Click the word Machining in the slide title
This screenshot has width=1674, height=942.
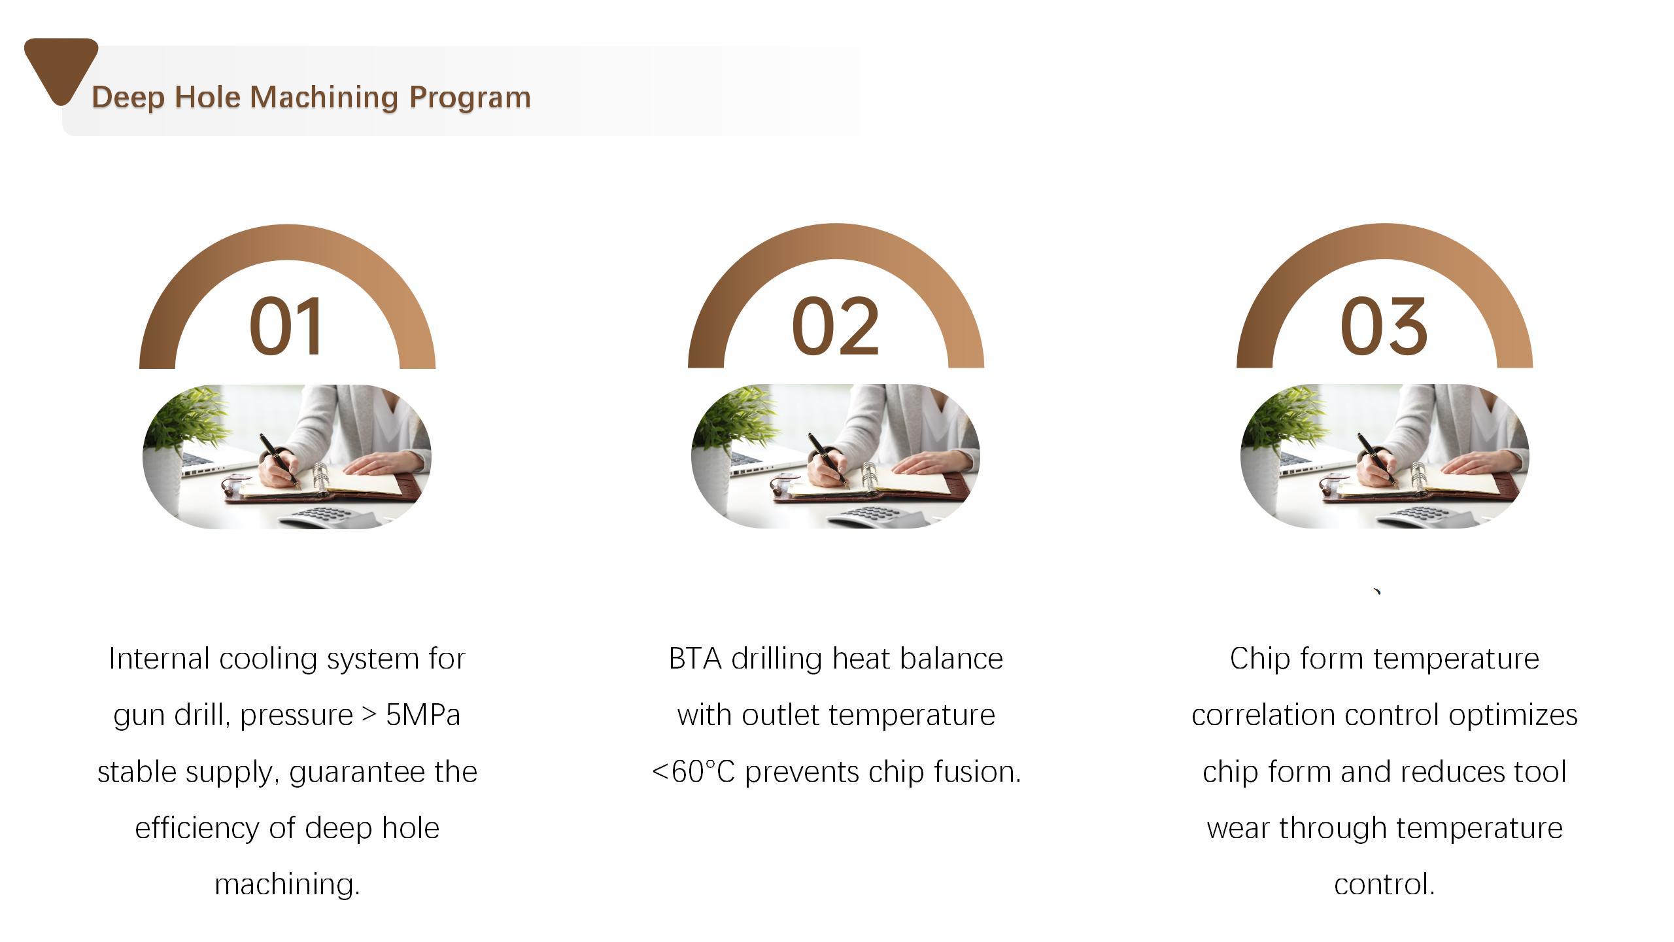coord(324,98)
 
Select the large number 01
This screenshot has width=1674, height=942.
coord(286,326)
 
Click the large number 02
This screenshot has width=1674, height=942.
coord(835,326)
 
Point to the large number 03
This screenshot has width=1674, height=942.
coord(1384,326)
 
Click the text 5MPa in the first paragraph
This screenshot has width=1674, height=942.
coord(423,715)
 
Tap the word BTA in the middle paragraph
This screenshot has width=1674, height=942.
coord(695,659)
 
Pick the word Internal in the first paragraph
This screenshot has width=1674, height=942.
coord(160,659)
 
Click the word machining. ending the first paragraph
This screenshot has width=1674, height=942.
coord(287,885)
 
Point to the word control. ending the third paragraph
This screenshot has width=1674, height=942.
coord(1384,885)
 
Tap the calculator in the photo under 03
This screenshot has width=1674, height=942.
coord(1426,517)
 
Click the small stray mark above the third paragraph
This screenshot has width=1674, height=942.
coord(1377,593)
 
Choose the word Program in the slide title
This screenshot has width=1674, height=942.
coord(470,98)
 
